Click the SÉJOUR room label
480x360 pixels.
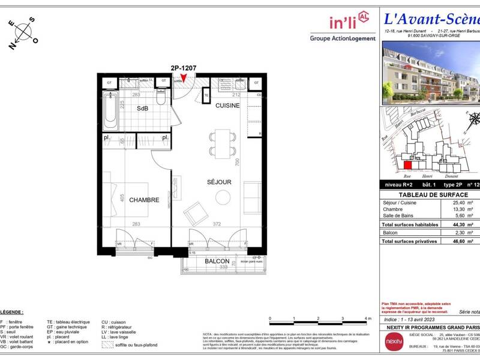pyautogui.click(x=219, y=182)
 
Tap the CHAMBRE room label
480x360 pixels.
pyautogui.click(x=144, y=200)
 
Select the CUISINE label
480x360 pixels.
pyautogui.click(x=227, y=106)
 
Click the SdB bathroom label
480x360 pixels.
pyautogui.click(x=142, y=109)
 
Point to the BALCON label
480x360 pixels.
pyautogui.click(x=217, y=262)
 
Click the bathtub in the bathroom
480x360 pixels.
pyautogui.click(x=110, y=110)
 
